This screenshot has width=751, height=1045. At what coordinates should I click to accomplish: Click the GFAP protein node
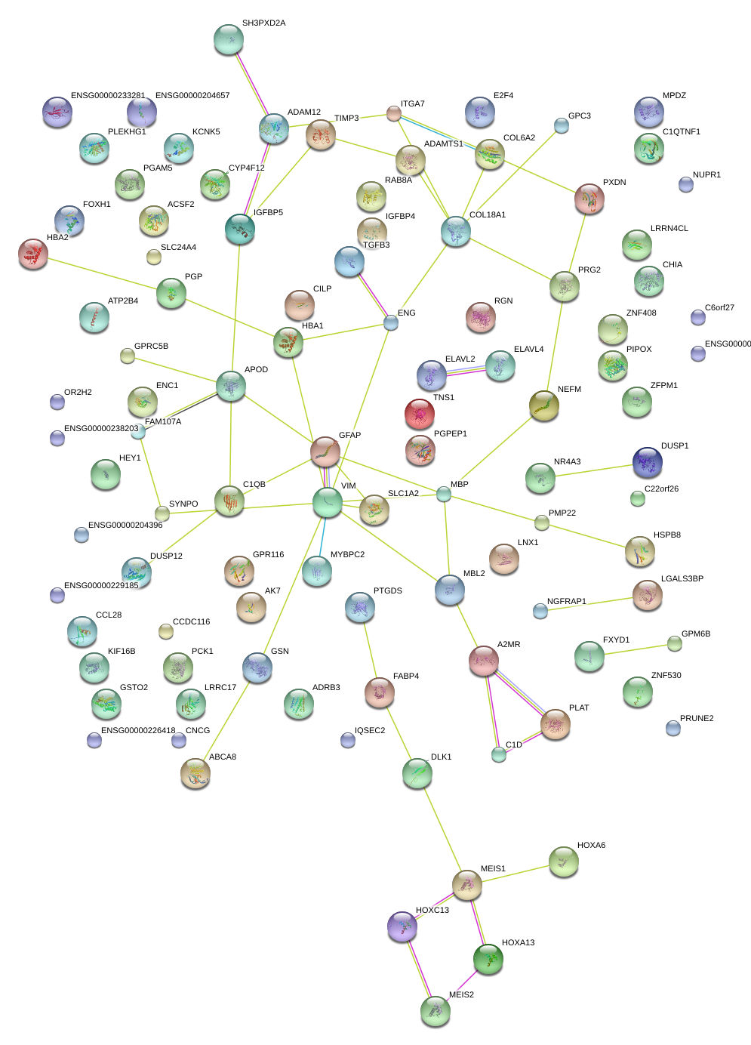[325, 451]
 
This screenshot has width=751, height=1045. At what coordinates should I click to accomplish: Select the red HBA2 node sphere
[33, 254]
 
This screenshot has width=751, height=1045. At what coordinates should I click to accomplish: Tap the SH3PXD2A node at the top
[229, 39]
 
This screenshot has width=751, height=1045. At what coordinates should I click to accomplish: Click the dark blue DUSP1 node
[648, 462]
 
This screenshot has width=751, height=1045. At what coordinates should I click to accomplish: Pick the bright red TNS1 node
[420, 413]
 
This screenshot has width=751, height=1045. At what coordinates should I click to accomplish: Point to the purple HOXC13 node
[402, 926]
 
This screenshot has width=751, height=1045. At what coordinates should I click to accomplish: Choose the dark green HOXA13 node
[488, 959]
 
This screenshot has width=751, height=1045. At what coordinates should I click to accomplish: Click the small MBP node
[444, 494]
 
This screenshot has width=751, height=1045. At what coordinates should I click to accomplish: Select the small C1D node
[499, 754]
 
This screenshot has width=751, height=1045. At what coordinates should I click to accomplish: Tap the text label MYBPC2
[347, 554]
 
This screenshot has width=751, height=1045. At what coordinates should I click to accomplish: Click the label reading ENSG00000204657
[192, 95]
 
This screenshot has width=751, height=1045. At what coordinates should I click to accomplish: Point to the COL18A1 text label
[488, 214]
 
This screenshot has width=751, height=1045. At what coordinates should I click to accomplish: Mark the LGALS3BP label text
[682, 578]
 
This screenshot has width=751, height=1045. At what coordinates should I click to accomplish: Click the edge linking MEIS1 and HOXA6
[515, 874]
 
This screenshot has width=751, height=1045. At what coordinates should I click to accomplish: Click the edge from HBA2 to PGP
[103, 273]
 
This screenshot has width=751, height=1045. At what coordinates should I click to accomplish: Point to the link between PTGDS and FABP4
[370, 649]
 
